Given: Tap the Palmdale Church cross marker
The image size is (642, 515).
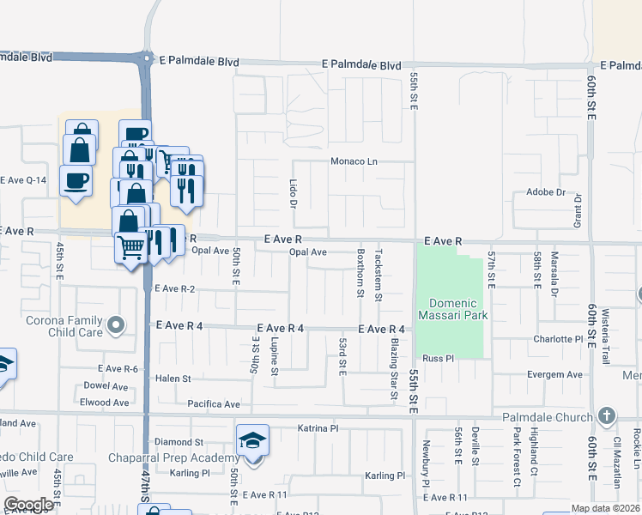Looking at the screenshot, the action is (x=607, y=417).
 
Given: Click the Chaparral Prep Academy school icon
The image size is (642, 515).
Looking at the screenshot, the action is (x=252, y=441).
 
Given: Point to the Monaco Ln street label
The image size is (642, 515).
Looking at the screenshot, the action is (x=354, y=161).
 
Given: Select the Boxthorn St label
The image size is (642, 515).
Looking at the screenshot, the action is (x=359, y=274).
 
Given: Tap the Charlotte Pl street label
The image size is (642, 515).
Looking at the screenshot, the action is (x=558, y=339).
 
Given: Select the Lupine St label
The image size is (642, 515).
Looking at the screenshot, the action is (x=275, y=355).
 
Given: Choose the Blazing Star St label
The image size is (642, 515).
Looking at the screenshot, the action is (x=394, y=369).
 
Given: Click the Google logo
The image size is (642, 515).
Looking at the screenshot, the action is (x=28, y=505).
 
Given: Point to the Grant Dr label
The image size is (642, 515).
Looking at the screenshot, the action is (x=578, y=210).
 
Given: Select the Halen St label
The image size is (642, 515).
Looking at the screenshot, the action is (x=173, y=378).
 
